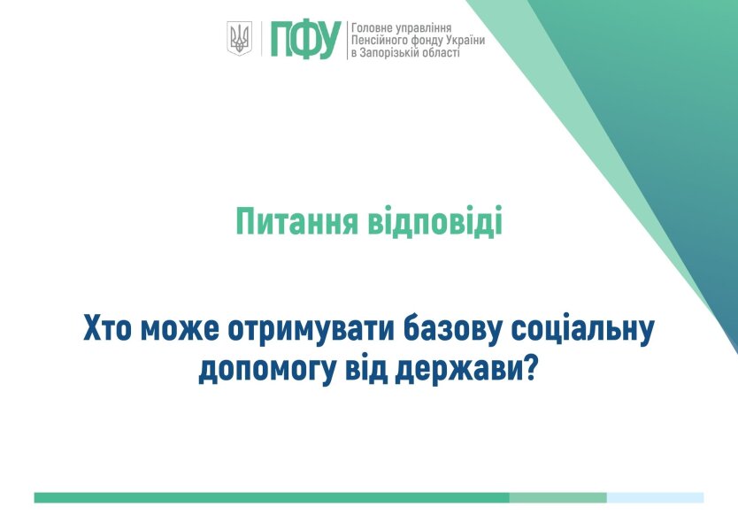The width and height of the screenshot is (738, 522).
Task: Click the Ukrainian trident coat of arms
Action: pos(240,38)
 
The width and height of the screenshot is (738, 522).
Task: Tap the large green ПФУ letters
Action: pos(305,40)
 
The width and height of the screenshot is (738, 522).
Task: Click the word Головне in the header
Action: pos(371,28)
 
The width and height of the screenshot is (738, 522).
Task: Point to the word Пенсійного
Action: pos(380,41)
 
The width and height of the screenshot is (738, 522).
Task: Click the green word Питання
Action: pos(296,221)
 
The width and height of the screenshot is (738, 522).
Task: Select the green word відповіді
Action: pos(434,220)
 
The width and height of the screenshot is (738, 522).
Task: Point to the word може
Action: pos(180,329)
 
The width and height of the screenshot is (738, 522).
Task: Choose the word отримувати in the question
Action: pos(311,330)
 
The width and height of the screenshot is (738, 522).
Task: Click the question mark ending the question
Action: pos(530,369)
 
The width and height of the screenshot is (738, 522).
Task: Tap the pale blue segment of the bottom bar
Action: pos(655,497)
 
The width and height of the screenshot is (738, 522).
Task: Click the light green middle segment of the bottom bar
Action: pos(558,497)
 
